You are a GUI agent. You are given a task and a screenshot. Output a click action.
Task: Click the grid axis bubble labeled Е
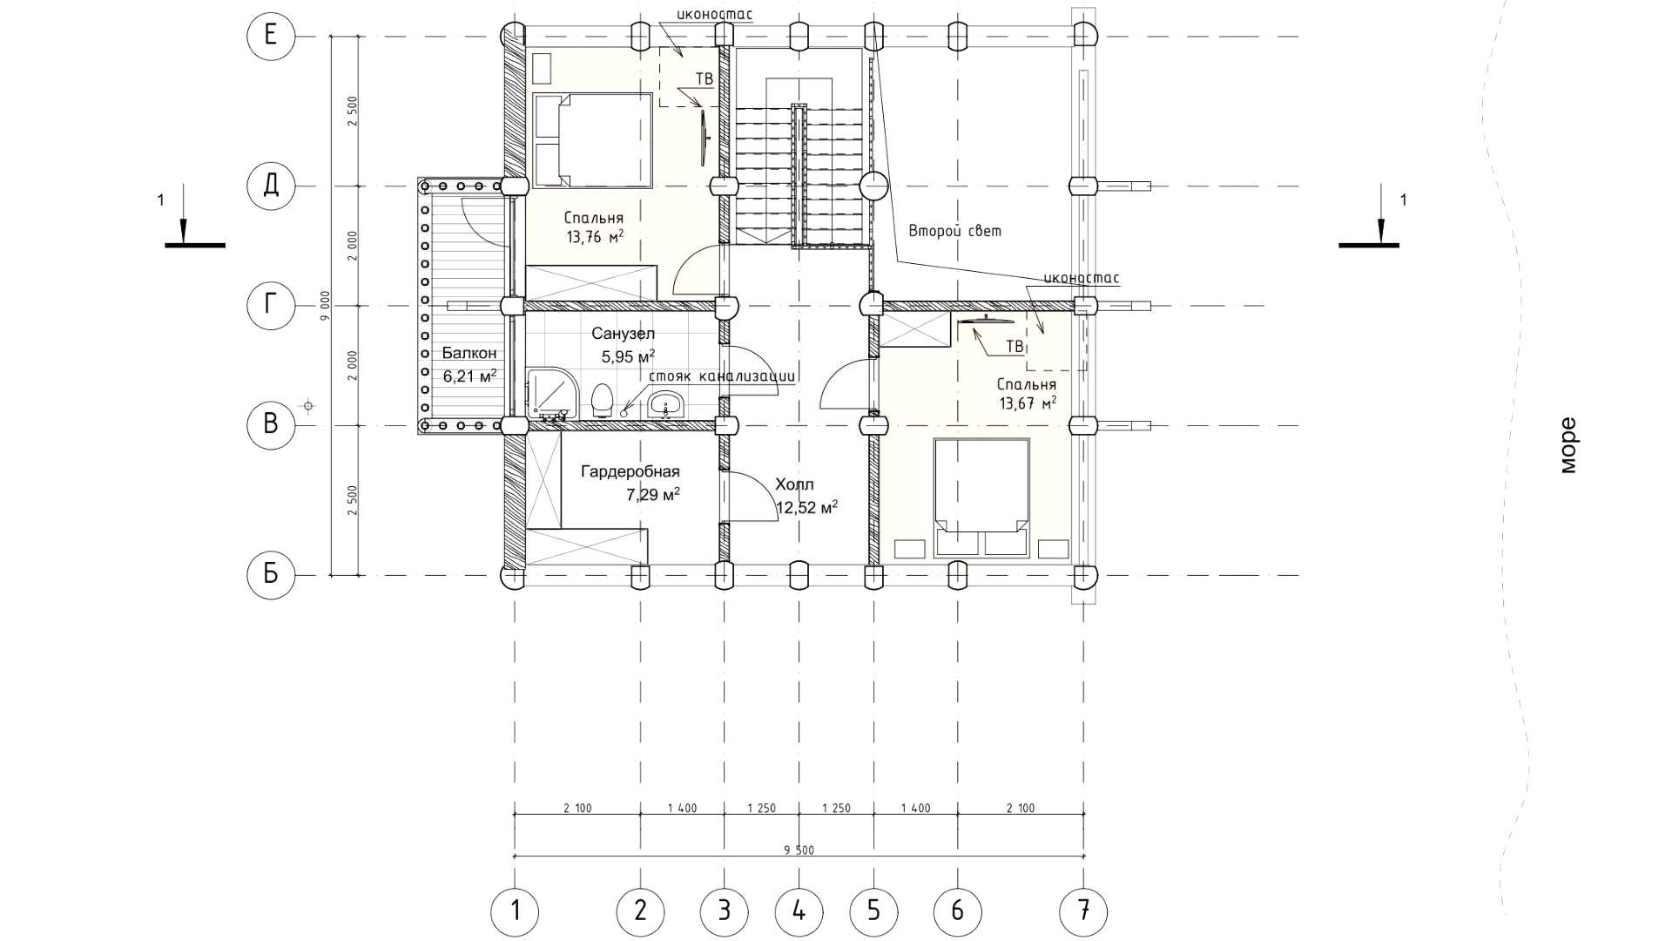(271, 36)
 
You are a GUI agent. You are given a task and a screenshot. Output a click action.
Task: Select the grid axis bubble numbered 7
(1083, 911)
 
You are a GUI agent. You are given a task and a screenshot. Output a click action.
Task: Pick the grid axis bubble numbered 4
(799, 911)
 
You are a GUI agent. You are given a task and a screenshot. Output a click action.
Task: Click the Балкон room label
(469, 353)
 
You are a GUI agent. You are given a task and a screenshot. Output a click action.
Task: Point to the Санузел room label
(623, 333)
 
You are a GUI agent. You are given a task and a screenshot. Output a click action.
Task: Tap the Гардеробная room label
(630, 471)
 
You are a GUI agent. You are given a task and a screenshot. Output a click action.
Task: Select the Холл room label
(793, 484)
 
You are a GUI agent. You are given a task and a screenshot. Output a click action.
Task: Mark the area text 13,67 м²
(1028, 403)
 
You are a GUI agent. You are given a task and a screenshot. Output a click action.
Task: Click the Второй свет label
(954, 231)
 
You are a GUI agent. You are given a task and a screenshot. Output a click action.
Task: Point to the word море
(1567, 445)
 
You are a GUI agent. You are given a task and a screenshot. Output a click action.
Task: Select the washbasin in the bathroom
(667, 404)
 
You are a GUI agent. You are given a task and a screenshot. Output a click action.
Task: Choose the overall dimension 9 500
(799, 850)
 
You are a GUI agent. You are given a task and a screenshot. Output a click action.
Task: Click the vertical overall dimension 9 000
(324, 306)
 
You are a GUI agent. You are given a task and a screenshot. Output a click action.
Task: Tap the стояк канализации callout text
(723, 377)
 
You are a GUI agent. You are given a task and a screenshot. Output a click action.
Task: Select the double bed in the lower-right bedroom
(981, 498)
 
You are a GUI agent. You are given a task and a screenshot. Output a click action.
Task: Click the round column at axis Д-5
(873, 185)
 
